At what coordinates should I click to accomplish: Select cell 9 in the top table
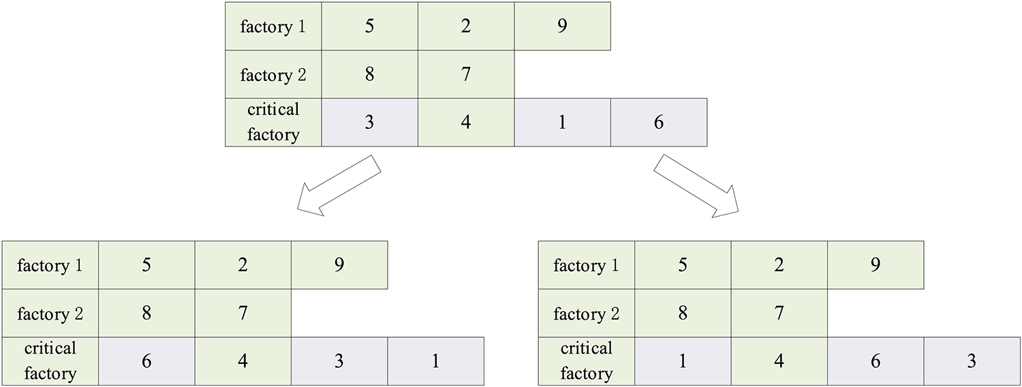click(562, 26)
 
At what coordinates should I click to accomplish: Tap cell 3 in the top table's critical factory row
click(369, 123)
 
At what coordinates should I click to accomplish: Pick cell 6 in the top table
click(658, 123)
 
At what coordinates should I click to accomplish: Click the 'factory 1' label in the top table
click(273, 26)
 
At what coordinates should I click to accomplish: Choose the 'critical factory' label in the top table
click(273, 123)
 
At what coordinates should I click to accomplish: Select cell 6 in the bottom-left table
click(146, 361)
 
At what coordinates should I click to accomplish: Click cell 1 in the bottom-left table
click(436, 361)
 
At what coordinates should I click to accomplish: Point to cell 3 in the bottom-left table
click(339, 361)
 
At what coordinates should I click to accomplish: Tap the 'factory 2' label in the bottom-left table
click(50, 313)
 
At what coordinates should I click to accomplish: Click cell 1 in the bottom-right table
click(683, 361)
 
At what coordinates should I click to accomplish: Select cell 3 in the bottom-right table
click(972, 361)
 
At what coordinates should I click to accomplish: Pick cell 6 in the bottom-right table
click(876, 361)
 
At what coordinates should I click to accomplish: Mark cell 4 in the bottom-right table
click(779, 361)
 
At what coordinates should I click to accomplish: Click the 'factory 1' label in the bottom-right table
click(587, 265)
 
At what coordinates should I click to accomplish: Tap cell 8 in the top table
click(369, 74)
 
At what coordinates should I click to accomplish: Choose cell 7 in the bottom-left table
click(243, 313)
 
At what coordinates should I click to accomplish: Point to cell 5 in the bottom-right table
click(683, 265)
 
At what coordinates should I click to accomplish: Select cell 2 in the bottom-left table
click(243, 265)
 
